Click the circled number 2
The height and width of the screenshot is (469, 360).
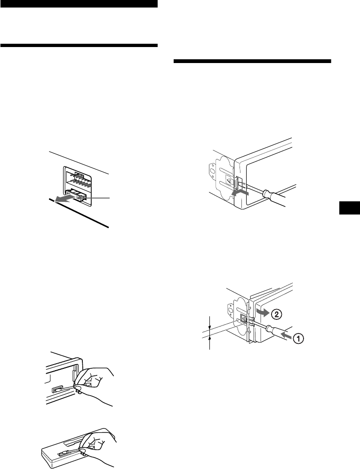[x=276, y=314]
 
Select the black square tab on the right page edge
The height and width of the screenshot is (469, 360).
[x=350, y=208]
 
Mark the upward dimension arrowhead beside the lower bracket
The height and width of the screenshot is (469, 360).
[x=210, y=338]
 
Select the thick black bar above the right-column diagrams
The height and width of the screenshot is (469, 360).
[x=252, y=61]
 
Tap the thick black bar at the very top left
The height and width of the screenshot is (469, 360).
[x=79, y=3]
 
